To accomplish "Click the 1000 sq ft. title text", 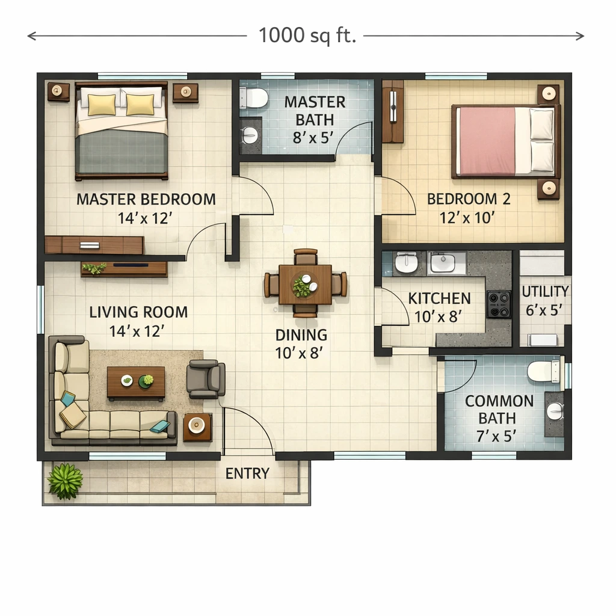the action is tap(307, 35).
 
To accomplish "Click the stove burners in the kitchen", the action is tap(499, 304).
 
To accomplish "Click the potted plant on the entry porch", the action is tap(65, 481).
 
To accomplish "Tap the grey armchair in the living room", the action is tap(206, 379).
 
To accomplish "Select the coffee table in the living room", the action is tap(136, 383).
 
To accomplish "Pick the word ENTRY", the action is tap(247, 473).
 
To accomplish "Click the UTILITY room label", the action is tap(545, 292).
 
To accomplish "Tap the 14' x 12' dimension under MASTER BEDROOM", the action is tap(145, 218).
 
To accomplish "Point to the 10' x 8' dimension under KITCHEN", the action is tap(438, 316).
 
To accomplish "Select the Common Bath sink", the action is tap(555, 411).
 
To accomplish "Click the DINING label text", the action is tap(301, 335).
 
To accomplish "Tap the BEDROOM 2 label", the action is tap(469, 199).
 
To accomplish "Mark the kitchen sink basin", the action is tap(443, 262).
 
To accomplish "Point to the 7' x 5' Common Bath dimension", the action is tap(497, 436).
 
